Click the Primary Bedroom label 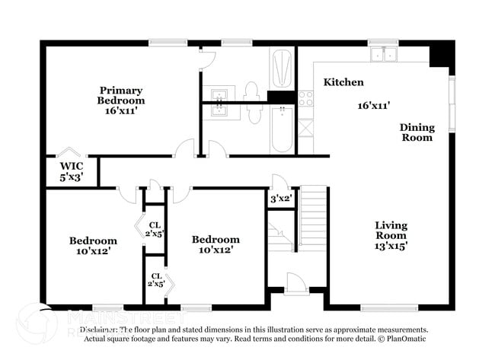(x=120, y=95)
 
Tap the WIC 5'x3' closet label (x=71, y=170)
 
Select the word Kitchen (x=343, y=82)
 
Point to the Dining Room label (x=417, y=132)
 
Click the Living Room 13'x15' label (x=391, y=235)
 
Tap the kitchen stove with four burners (x=305, y=99)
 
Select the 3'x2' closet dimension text (x=282, y=199)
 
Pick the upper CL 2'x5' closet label (x=155, y=228)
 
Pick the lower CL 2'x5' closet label (x=155, y=279)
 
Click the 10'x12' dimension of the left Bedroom (x=93, y=250)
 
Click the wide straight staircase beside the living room (x=312, y=216)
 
